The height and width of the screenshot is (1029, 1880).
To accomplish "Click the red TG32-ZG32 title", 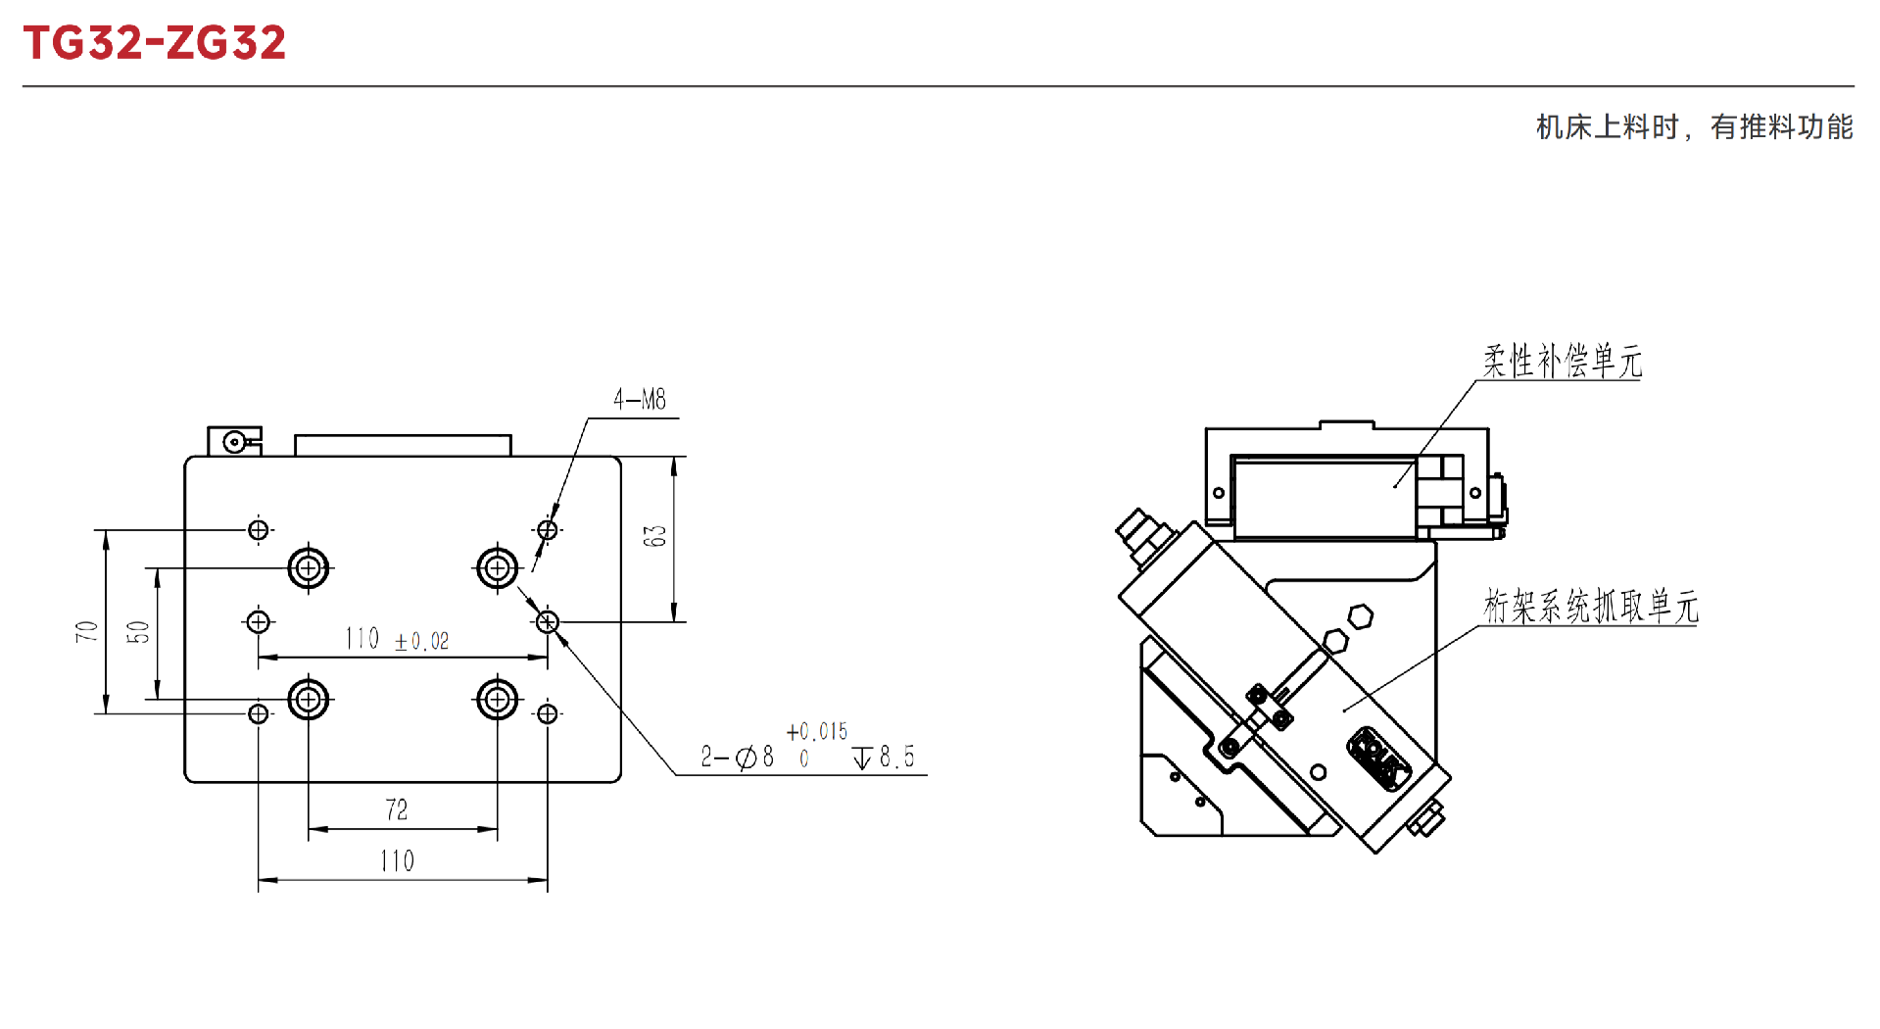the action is (x=155, y=42).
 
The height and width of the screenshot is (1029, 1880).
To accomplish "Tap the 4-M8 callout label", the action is (x=640, y=399).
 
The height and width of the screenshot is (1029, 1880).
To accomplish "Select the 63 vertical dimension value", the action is (x=654, y=536).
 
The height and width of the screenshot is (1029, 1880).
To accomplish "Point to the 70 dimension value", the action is (x=86, y=631).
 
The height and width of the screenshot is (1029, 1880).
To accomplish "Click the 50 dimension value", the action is (x=138, y=632).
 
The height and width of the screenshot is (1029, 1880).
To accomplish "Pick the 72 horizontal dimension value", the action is (x=397, y=809).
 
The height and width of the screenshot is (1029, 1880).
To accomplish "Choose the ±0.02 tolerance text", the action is (x=421, y=641).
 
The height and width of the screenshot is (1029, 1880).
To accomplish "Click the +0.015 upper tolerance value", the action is (x=817, y=731).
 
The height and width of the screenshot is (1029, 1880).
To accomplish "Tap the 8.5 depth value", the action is (x=896, y=757).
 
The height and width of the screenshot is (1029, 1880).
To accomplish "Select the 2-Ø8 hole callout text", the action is (x=737, y=757).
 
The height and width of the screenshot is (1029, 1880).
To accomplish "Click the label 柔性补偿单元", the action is (x=1563, y=361).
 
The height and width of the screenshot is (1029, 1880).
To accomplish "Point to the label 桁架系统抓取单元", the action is (x=1591, y=606).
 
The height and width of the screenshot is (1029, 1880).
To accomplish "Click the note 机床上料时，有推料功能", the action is (x=1695, y=126).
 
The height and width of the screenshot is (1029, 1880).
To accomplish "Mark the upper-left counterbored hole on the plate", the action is (x=309, y=567).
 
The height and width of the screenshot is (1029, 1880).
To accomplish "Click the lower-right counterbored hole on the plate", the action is (x=497, y=700).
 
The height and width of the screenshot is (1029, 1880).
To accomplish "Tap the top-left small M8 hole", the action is (x=259, y=530).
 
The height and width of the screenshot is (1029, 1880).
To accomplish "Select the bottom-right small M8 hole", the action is (x=548, y=713).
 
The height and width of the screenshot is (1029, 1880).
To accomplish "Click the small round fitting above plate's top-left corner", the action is (x=234, y=442).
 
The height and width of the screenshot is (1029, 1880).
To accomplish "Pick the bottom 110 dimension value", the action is (x=397, y=860).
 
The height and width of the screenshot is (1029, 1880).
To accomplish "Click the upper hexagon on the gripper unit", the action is (x=1360, y=617).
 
